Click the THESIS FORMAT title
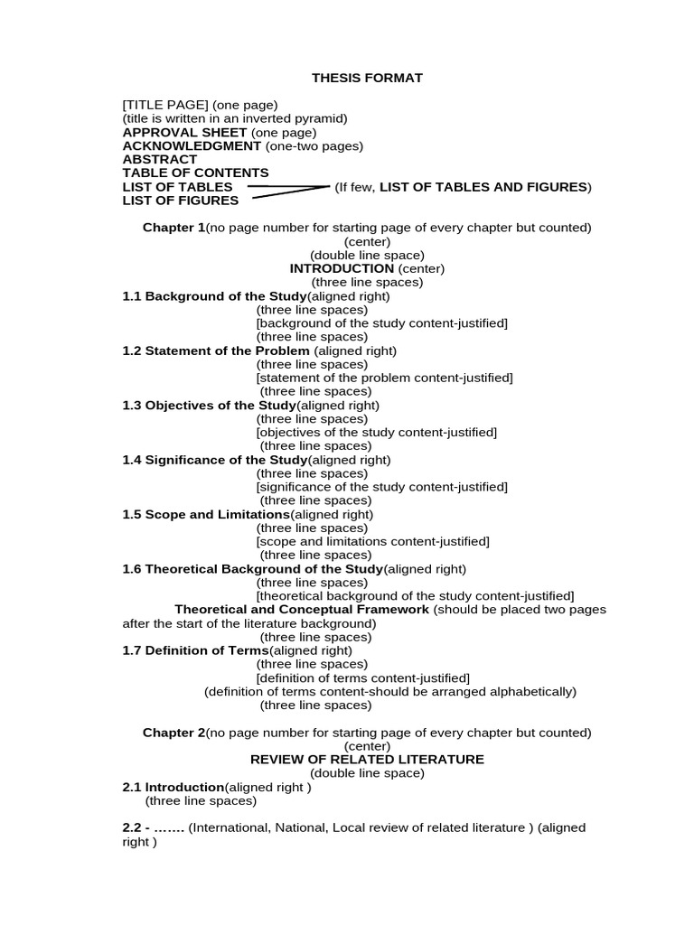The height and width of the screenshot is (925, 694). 367,78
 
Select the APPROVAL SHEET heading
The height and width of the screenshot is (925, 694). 184,132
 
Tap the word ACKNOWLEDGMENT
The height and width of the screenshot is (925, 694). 192,145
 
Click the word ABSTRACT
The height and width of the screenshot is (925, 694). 160,159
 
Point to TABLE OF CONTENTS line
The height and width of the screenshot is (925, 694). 195,173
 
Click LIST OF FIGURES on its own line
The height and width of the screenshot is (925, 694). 181,201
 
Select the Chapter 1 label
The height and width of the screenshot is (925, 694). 173,228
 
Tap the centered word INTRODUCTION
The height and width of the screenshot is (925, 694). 342,268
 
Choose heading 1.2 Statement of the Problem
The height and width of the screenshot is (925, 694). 216,350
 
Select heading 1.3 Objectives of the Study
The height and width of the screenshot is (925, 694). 209,406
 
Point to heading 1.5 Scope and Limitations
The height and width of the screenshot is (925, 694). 200,514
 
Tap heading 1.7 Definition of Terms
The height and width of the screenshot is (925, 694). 195,650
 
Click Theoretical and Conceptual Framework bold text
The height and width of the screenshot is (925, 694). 302,610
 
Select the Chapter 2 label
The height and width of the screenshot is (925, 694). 173,733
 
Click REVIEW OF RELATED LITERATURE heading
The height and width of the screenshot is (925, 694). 367,760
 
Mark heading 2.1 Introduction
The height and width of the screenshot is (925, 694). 173,787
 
